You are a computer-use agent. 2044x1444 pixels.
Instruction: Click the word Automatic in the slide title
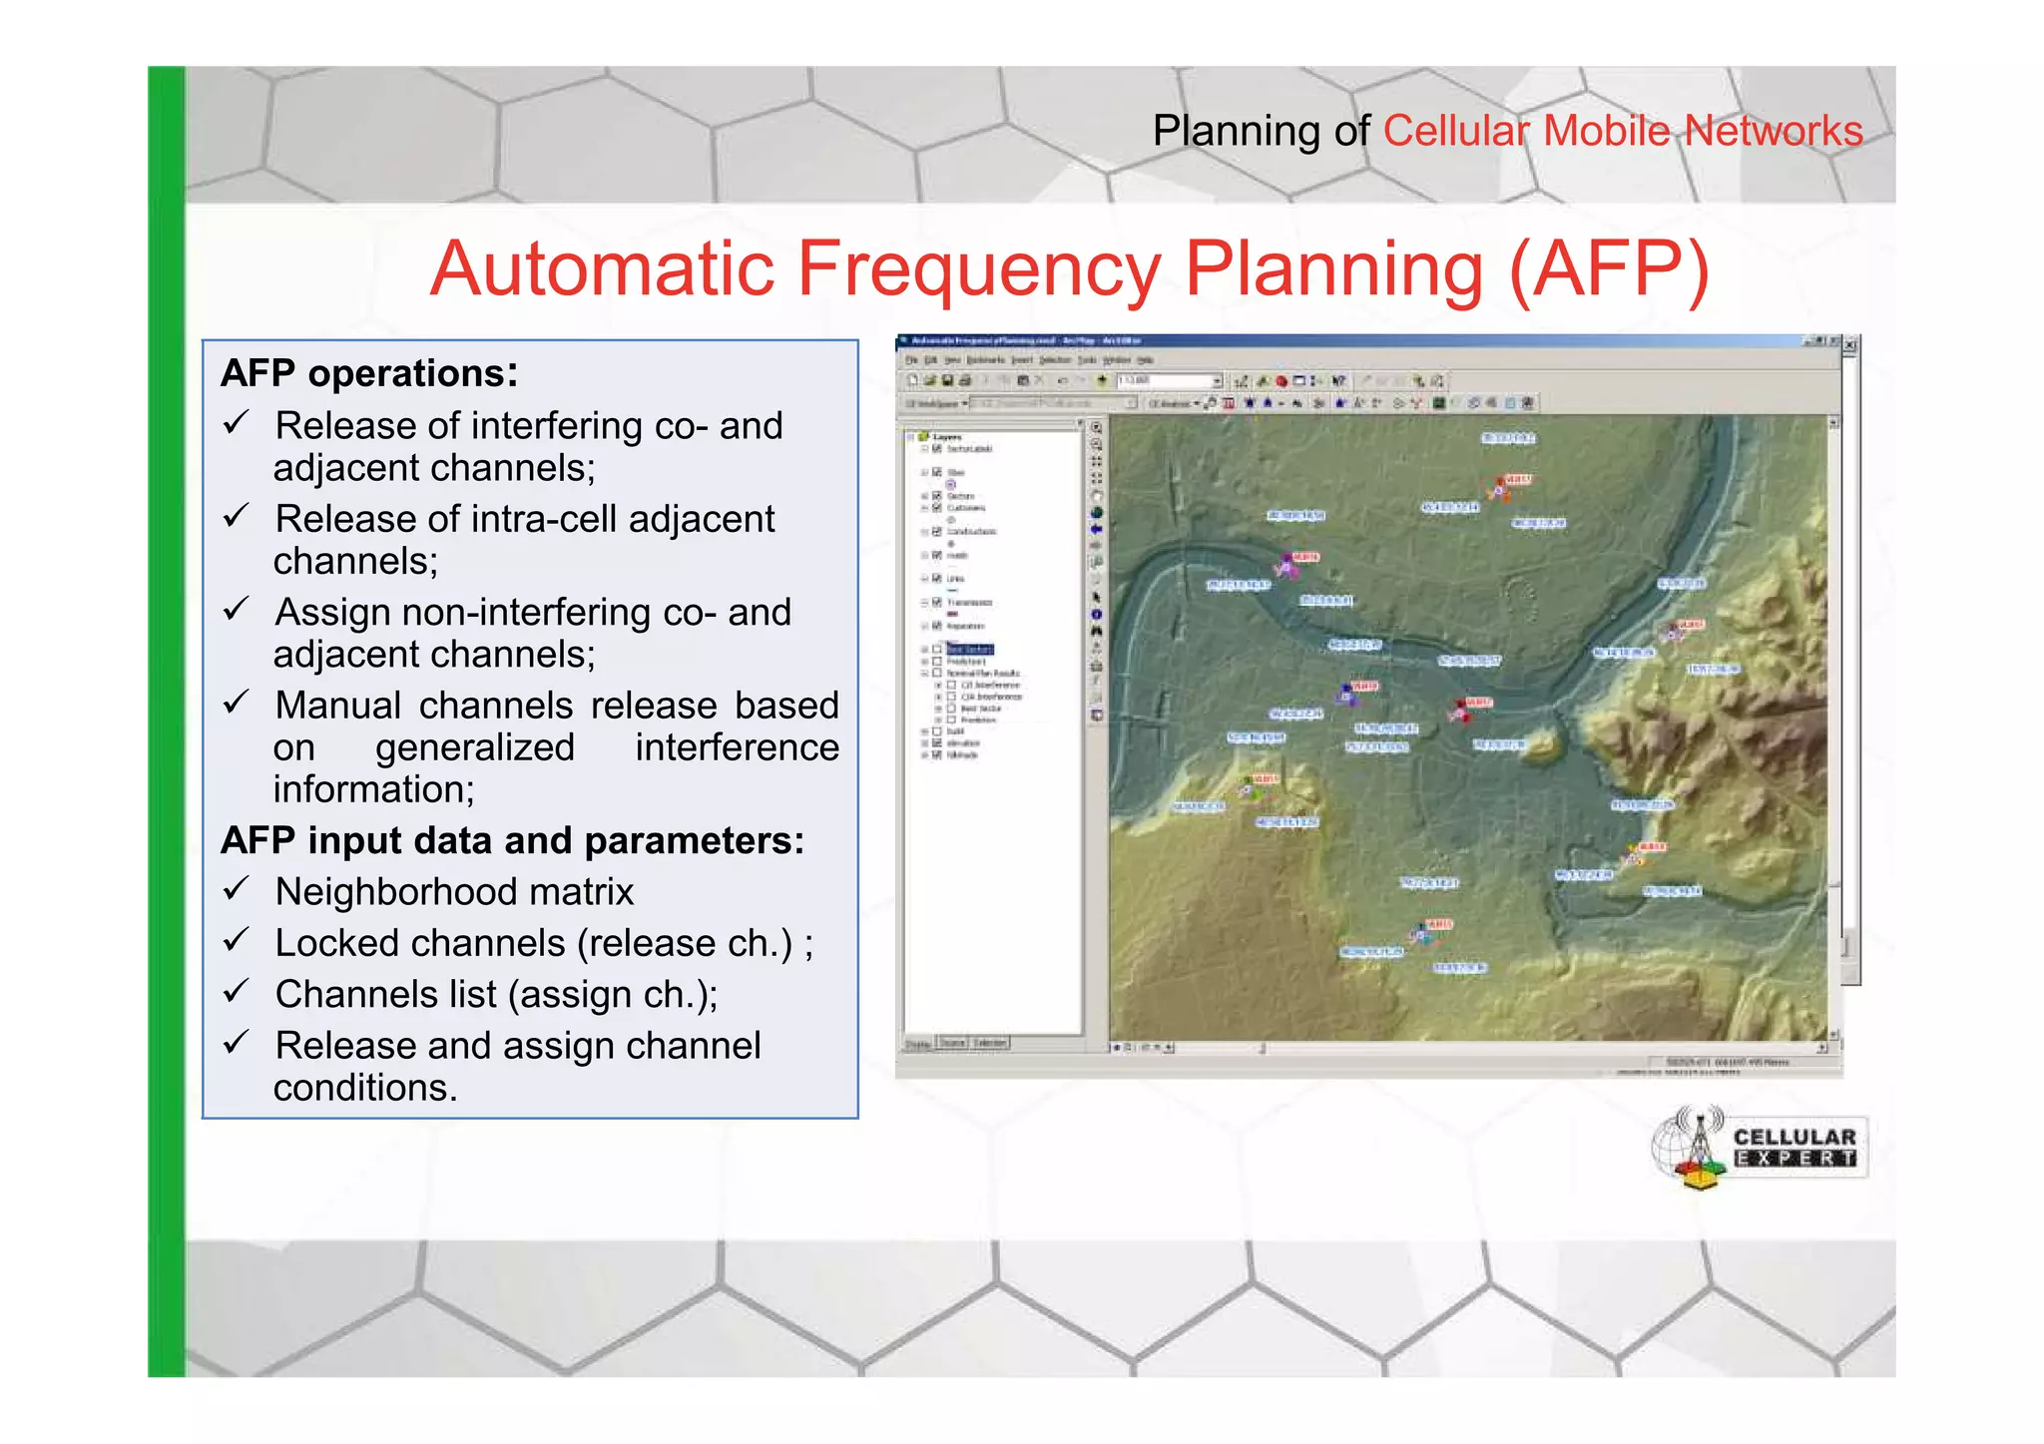coord(602,268)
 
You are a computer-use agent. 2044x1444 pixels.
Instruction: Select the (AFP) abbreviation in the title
coord(1608,268)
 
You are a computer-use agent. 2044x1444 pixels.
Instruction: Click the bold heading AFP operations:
coord(369,373)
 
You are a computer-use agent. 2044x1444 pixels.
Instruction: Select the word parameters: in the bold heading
coord(695,840)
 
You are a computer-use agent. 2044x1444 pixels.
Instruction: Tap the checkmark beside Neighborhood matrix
coord(236,888)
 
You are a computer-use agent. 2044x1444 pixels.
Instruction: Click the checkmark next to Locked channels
coord(236,940)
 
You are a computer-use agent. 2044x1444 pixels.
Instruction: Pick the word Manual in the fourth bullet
coord(338,706)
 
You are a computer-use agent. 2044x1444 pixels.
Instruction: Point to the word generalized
coord(474,747)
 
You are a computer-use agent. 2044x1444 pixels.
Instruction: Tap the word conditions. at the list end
coord(365,1088)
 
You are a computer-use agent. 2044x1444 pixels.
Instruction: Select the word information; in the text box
coord(373,789)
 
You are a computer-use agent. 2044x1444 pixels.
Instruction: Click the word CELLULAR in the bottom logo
coord(1794,1137)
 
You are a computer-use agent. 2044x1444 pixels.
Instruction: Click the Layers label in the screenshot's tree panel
coord(946,437)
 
